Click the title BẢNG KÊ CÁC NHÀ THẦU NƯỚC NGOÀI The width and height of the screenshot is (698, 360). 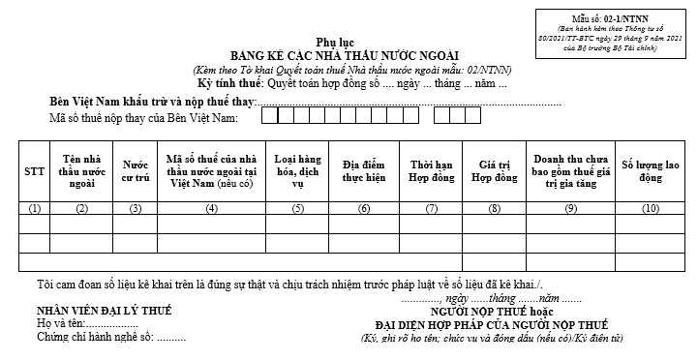[346, 54]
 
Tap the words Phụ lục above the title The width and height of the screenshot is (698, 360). [346, 41]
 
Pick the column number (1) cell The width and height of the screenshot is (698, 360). [35, 208]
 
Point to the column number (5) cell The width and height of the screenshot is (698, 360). [298, 208]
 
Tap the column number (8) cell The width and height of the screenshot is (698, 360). [495, 208]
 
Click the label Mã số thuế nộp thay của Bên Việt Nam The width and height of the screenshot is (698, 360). [143, 118]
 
